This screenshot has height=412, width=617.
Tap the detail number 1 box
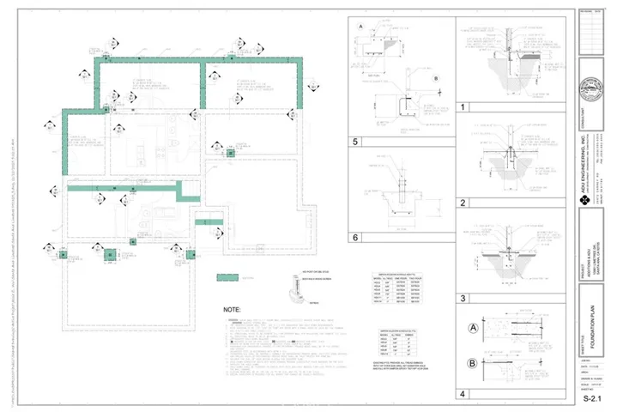click(463, 108)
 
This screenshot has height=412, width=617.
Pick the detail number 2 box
click(463, 203)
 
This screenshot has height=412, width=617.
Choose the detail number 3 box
click(463, 298)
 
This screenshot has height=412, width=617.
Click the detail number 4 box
click(463, 395)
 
